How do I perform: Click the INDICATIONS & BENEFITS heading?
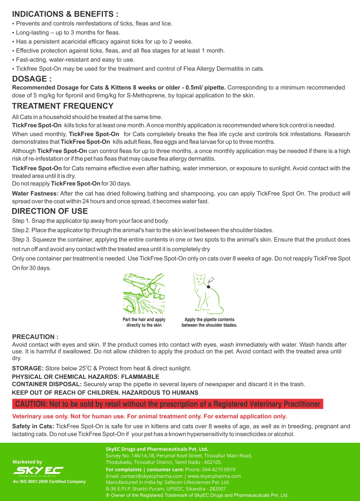click(x=65, y=14)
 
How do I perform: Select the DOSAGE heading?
click(x=32, y=79)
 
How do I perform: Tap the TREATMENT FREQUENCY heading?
click(x=63, y=106)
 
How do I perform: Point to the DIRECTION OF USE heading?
click(x=50, y=211)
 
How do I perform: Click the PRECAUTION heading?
click(x=35, y=337)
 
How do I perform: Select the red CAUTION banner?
click(x=168, y=404)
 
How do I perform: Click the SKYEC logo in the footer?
click(x=38, y=471)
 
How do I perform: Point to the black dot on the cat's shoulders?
click(x=209, y=287)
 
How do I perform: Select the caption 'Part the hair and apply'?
click(x=144, y=319)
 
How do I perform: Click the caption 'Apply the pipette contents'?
click(x=209, y=319)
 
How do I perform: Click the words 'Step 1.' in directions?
click(x=21, y=221)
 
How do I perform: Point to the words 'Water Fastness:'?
click(x=35, y=193)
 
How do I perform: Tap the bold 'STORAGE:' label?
click(x=27, y=368)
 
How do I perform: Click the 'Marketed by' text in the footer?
click(x=27, y=462)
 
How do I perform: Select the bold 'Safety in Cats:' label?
click(x=33, y=426)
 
